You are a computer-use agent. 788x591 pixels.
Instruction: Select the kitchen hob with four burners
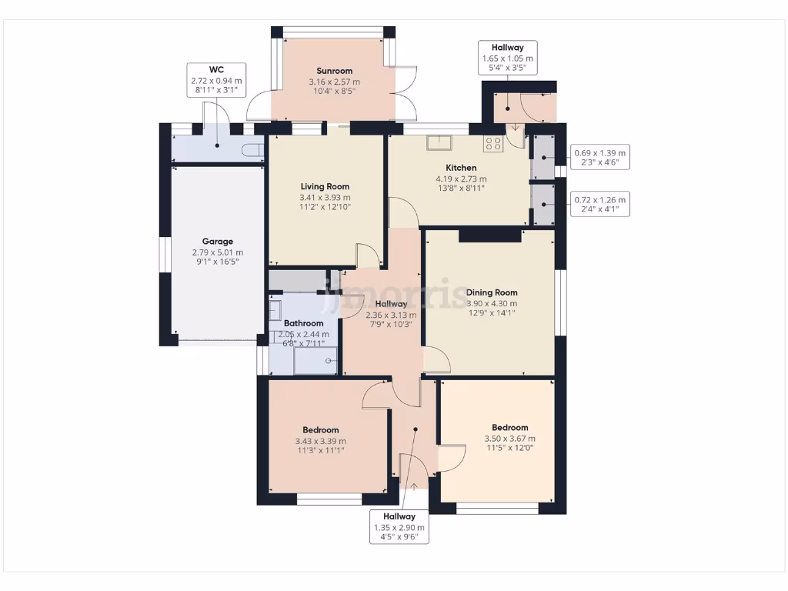(x=492, y=142)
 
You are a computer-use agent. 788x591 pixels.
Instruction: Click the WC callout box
(x=216, y=80)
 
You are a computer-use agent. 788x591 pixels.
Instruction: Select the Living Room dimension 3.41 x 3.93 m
(x=325, y=197)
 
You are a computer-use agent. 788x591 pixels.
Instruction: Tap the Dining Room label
(x=491, y=292)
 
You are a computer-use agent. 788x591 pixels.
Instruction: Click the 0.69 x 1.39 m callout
(x=600, y=157)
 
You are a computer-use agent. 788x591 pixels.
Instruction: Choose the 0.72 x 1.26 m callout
(x=600, y=204)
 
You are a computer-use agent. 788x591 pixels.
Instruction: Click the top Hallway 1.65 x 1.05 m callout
(x=506, y=58)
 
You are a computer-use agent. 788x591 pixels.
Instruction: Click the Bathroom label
(x=303, y=323)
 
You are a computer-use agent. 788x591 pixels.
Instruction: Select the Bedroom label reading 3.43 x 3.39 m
(x=320, y=441)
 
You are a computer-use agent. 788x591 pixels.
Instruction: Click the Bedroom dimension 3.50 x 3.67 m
(x=509, y=439)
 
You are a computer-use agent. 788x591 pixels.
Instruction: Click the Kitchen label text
(x=461, y=168)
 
